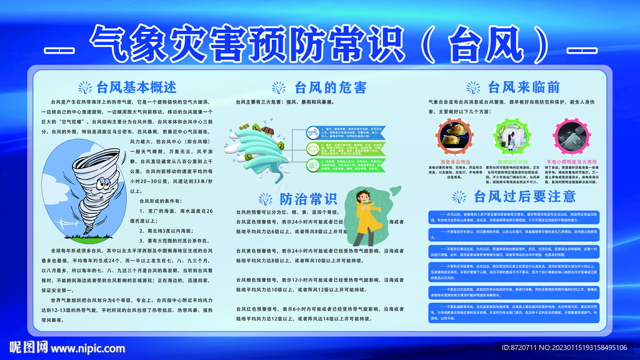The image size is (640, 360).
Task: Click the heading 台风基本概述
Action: (136, 86)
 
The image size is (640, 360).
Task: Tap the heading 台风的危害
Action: (330, 86)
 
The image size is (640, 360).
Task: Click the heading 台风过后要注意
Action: (525, 196)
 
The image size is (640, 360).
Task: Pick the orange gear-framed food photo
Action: (452, 134)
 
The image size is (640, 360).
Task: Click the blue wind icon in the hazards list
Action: (312, 133)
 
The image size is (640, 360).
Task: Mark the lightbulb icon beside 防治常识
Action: (267, 200)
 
